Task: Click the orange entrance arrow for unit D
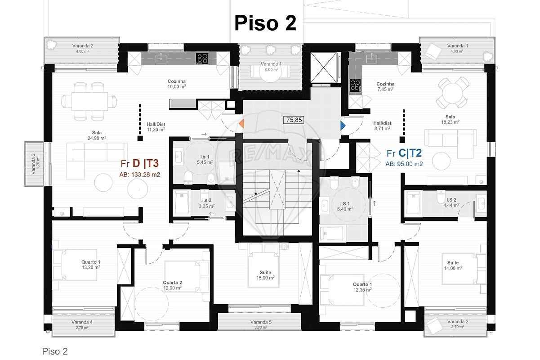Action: click(x=241, y=123)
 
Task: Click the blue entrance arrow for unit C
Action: click(x=343, y=126)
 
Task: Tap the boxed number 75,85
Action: click(x=294, y=120)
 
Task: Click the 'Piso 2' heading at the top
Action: click(x=265, y=23)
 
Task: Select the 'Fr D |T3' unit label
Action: click(x=139, y=163)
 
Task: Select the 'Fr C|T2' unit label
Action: click(x=404, y=153)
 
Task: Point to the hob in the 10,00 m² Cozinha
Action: click(x=202, y=58)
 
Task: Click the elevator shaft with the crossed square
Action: click(x=323, y=67)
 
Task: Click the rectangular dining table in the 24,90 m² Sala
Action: click(x=89, y=101)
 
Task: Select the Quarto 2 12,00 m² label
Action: click(x=172, y=285)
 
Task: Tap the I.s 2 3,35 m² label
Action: click(x=206, y=203)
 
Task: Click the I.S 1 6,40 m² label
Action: click(x=345, y=206)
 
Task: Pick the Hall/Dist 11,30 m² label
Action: click(x=156, y=127)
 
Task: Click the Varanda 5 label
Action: click(x=261, y=324)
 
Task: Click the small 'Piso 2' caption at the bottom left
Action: click(x=55, y=351)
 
